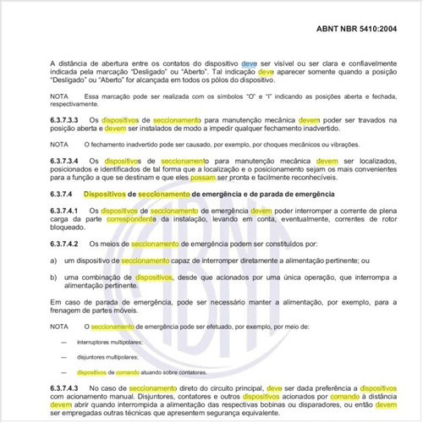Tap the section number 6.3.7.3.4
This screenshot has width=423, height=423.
(68, 161)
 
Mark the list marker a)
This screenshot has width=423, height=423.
(53, 261)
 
